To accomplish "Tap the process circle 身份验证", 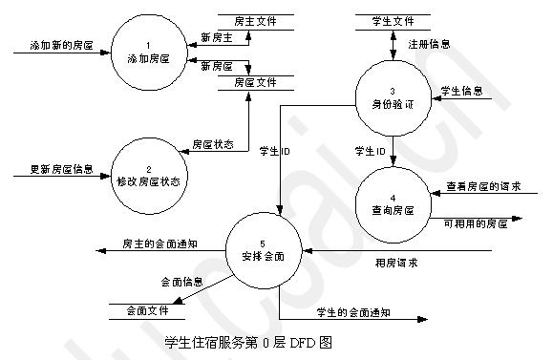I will click(x=392, y=95).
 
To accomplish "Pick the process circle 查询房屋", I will click(x=392, y=201).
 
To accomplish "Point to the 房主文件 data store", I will click(x=258, y=20).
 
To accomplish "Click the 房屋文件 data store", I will click(x=258, y=83).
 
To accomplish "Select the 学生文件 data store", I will click(x=392, y=20).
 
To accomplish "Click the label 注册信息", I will click(x=430, y=44).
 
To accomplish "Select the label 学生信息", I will click(x=461, y=92).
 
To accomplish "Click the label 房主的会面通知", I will click(x=160, y=244).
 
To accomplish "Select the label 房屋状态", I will click(x=212, y=144).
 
